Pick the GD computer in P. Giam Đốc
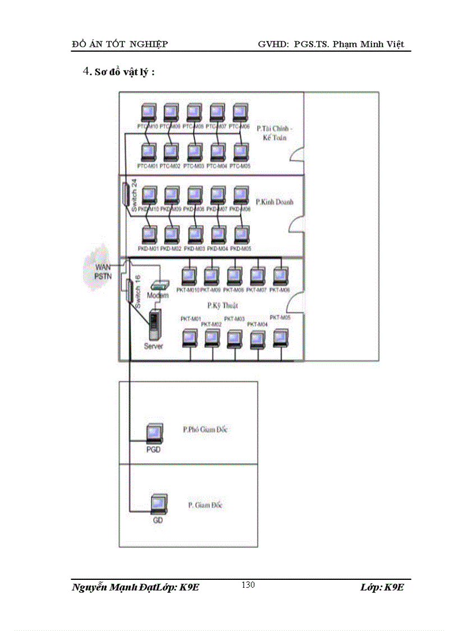point(159,505)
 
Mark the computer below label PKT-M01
point(190,338)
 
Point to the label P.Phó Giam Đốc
point(205,430)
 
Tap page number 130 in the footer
point(248,585)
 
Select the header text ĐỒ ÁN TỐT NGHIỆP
point(120,44)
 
